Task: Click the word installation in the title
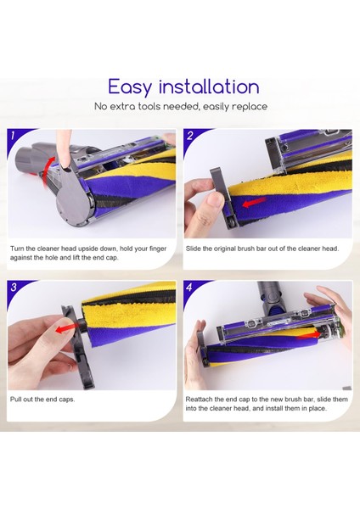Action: pos(210,87)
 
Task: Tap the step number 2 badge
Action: pos(189,135)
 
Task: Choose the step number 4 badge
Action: pos(189,288)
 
